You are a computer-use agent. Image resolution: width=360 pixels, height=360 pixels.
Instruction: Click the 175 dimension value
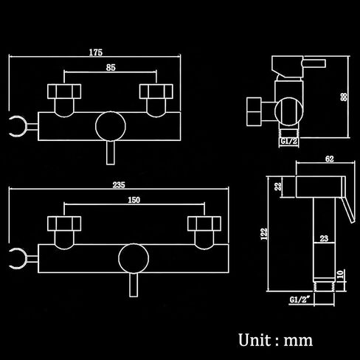point(96,52)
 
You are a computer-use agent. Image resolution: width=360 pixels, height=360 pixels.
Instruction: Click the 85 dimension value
point(111,67)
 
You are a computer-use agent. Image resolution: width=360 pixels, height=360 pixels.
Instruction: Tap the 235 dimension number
point(119,184)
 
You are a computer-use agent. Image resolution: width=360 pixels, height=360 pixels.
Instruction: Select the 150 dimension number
point(134,200)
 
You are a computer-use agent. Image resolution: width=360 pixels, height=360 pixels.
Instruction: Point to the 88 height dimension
point(344,97)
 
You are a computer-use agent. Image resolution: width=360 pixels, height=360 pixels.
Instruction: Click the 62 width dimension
point(330,159)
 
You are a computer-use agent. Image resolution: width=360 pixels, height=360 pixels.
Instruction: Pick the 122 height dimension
point(264,234)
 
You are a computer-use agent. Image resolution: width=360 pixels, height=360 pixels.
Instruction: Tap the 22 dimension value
point(278,186)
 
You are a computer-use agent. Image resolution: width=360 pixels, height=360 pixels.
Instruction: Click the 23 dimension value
point(324,238)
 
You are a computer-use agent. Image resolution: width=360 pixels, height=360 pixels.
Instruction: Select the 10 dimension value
point(340,274)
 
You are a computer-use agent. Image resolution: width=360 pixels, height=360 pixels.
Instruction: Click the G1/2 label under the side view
point(288,141)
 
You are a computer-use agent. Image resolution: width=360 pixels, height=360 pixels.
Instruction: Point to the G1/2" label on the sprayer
point(300,300)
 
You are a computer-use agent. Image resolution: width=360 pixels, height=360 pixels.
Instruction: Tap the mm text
point(298,341)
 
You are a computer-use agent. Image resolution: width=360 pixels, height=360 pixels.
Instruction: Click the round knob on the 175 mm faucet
point(111,126)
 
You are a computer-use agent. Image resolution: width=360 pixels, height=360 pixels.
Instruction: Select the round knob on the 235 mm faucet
point(134,258)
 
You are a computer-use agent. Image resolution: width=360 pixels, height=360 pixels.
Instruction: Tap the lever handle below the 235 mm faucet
point(134,285)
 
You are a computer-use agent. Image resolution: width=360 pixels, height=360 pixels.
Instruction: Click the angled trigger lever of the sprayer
point(347,210)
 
